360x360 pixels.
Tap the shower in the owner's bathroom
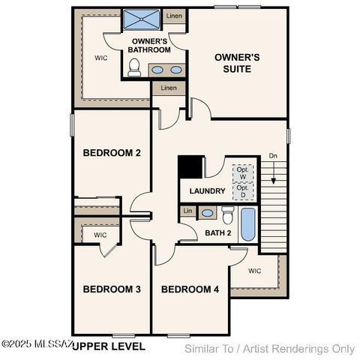139,18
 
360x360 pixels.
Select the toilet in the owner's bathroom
134,68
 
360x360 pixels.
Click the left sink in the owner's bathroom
158,69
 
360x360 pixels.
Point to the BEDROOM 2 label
112,153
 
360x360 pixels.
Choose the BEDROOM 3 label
112,289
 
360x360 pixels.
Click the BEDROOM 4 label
190,289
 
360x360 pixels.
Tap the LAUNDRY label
207,191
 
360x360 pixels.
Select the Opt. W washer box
241,172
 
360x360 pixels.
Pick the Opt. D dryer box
241,191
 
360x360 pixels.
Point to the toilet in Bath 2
227,216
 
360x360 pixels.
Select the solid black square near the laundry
190,166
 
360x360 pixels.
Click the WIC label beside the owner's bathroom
100,57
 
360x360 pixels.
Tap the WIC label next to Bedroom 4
255,271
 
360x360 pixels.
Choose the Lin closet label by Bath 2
187,212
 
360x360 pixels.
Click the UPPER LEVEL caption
108,346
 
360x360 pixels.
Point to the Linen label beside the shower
174,16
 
